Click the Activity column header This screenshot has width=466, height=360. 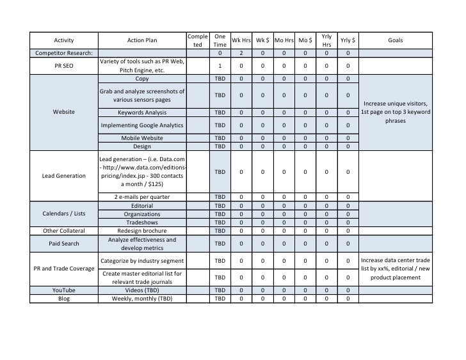point(63,40)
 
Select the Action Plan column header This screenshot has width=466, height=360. point(142,40)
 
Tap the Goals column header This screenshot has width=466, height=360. point(395,40)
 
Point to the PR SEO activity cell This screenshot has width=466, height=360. point(63,65)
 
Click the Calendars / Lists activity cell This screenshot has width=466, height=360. point(63,214)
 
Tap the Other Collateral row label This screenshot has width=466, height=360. point(63,230)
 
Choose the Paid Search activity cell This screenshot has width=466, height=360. point(63,244)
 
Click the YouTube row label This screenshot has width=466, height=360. point(63,290)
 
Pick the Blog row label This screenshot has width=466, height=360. point(63,299)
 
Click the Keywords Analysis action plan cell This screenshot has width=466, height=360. point(142,112)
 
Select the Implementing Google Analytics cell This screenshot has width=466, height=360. point(142,125)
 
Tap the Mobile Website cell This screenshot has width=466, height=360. point(142,137)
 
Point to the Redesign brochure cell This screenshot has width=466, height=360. point(142,230)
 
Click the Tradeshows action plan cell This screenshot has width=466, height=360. point(142,222)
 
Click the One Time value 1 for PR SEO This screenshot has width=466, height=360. point(220,65)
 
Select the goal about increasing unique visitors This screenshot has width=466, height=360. point(395,112)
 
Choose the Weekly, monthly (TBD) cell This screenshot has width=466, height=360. point(142,299)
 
